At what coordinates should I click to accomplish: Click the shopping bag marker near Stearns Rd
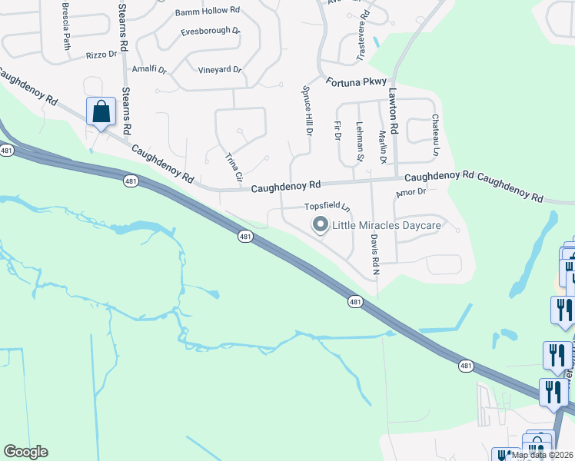point(101,112)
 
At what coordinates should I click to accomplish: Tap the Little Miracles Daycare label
point(386,225)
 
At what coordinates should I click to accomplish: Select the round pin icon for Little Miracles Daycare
point(320,224)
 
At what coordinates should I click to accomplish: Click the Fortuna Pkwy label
point(357,81)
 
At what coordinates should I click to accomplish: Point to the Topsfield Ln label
point(327,207)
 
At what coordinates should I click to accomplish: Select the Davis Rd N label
point(374,255)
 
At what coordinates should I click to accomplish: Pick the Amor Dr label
point(410,191)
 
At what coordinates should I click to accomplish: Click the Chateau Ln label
point(436,127)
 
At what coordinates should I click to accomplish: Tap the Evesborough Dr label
point(210,32)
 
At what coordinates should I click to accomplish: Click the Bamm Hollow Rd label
point(208,12)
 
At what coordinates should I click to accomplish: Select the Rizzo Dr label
point(101,55)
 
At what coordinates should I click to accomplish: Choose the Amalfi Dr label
point(149,68)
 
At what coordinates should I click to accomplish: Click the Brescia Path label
point(66,25)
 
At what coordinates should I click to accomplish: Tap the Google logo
point(25,452)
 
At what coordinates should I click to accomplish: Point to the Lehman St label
point(359,141)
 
